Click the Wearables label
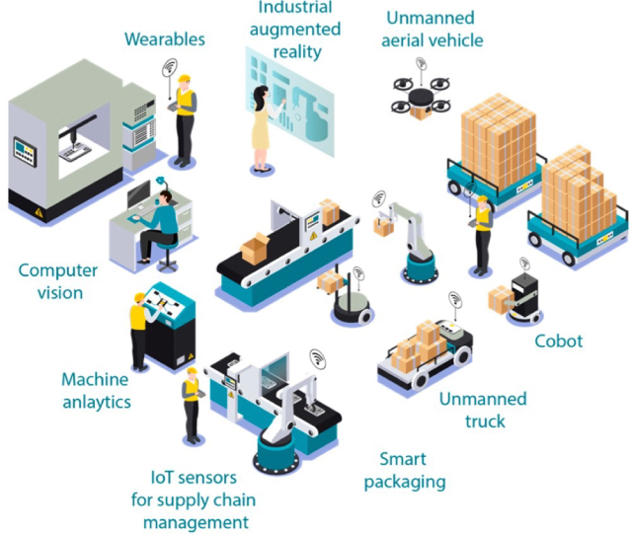[165, 39]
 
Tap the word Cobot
[559, 342]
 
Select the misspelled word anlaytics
[97, 402]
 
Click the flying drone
[421, 99]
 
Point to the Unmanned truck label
[483, 410]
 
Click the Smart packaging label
[405, 471]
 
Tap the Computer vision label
[58, 281]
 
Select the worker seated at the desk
[157, 225]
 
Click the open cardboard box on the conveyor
[255, 248]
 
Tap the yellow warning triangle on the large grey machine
[39, 212]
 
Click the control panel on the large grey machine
[25, 151]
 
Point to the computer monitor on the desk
[138, 194]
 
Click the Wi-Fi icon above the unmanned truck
[455, 299]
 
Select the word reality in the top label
[297, 52]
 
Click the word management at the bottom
[196, 523]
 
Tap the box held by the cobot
[501, 299]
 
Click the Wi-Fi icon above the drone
[421, 63]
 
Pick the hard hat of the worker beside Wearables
[184, 77]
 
